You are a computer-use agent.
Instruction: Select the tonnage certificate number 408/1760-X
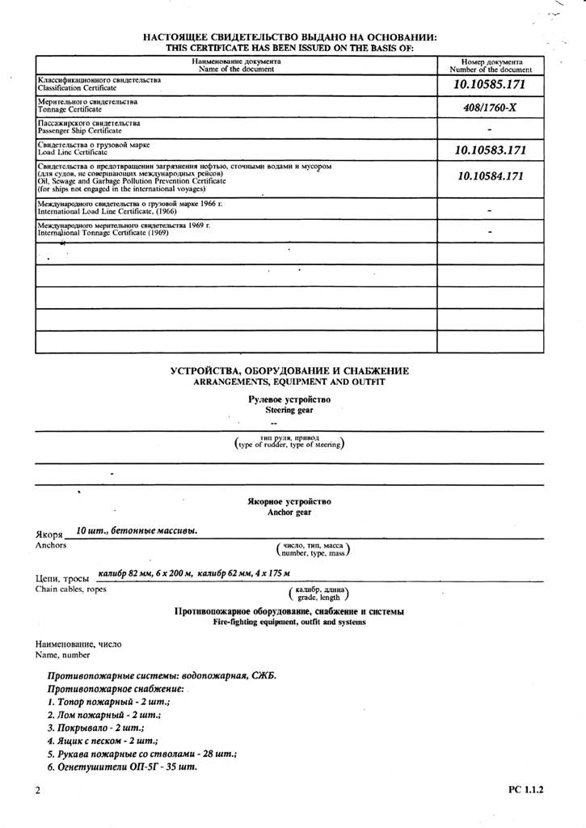point(491,107)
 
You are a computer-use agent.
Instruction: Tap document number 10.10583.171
point(490,150)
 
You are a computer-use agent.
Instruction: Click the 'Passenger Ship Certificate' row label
point(80,130)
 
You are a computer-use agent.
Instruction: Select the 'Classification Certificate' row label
point(77,87)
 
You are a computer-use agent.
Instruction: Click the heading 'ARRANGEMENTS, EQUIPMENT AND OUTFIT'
point(289,381)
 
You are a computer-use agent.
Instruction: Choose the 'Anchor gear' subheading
point(289,512)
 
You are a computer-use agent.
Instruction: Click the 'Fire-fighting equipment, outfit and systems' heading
point(289,623)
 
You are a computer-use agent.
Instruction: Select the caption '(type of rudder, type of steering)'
point(289,445)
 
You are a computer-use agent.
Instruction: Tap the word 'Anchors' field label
point(51,546)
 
